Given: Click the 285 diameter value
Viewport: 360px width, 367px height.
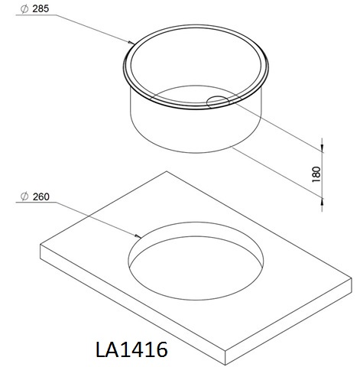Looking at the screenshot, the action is point(41,8).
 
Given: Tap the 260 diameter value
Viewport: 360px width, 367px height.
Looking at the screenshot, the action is point(41,196).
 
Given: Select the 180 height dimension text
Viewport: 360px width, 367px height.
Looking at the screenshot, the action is point(316,174).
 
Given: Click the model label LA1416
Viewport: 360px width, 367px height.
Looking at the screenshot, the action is point(131,349).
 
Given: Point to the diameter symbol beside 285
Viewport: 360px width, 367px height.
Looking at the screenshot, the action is point(24,9).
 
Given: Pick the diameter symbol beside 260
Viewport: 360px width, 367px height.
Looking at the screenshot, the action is point(24,196).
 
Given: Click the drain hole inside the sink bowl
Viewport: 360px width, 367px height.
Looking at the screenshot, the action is point(218,102).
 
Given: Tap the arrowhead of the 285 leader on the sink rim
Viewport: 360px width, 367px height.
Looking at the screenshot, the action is point(131,43).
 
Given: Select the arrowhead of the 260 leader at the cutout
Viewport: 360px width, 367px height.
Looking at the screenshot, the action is point(138,236).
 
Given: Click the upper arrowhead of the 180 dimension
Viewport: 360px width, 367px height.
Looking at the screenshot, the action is point(322,148).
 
